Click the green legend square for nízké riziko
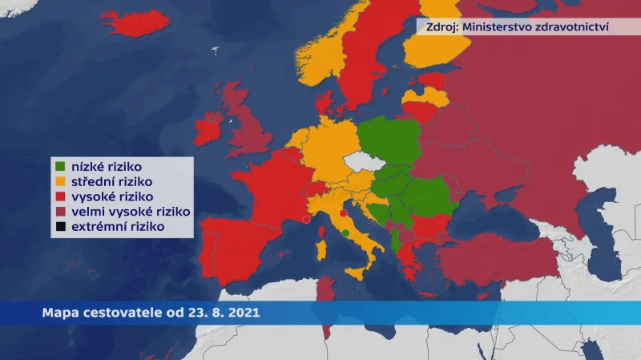pyautogui.click(x=60, y=167)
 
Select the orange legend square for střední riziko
pyautogui.click(x=60, y=182)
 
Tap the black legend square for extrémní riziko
pyautogui.click(x=60, y=227)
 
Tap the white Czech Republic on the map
pyautogui.click(x=361, y=164)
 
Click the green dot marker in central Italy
pyautogui.click(x=345, y=233)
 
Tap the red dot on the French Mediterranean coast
pyautogui.click(x=307, y=218)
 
